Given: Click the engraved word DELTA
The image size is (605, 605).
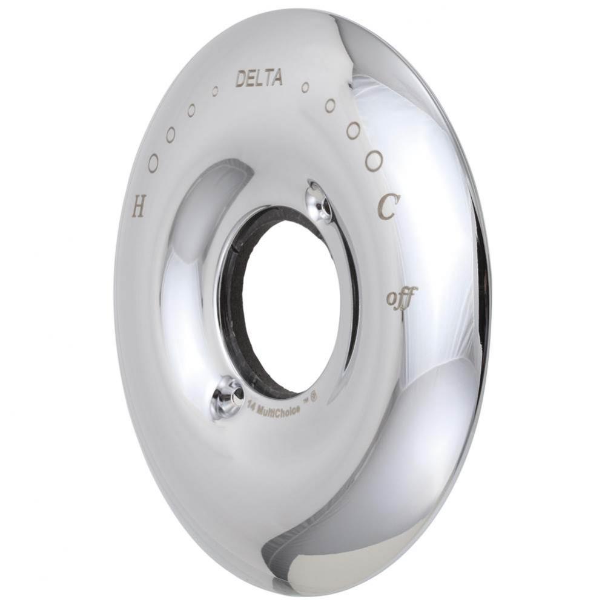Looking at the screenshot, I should click(259, 78).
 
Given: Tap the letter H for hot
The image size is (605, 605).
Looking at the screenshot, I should click(139, 209).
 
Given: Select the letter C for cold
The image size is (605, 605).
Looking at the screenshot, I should click(387, 209).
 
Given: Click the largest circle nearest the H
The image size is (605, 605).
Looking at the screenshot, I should click(153, 162).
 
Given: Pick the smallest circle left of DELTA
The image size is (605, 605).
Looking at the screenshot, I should click(215, 91).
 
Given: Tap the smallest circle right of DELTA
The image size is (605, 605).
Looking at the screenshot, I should click(305, 88).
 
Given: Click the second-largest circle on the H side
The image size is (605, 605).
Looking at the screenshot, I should click(171, 134).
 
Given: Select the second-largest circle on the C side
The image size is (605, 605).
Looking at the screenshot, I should click(354, 129).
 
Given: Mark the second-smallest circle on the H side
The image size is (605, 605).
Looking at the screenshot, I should click(191, 111).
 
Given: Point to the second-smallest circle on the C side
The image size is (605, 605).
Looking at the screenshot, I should click(330, 106).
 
